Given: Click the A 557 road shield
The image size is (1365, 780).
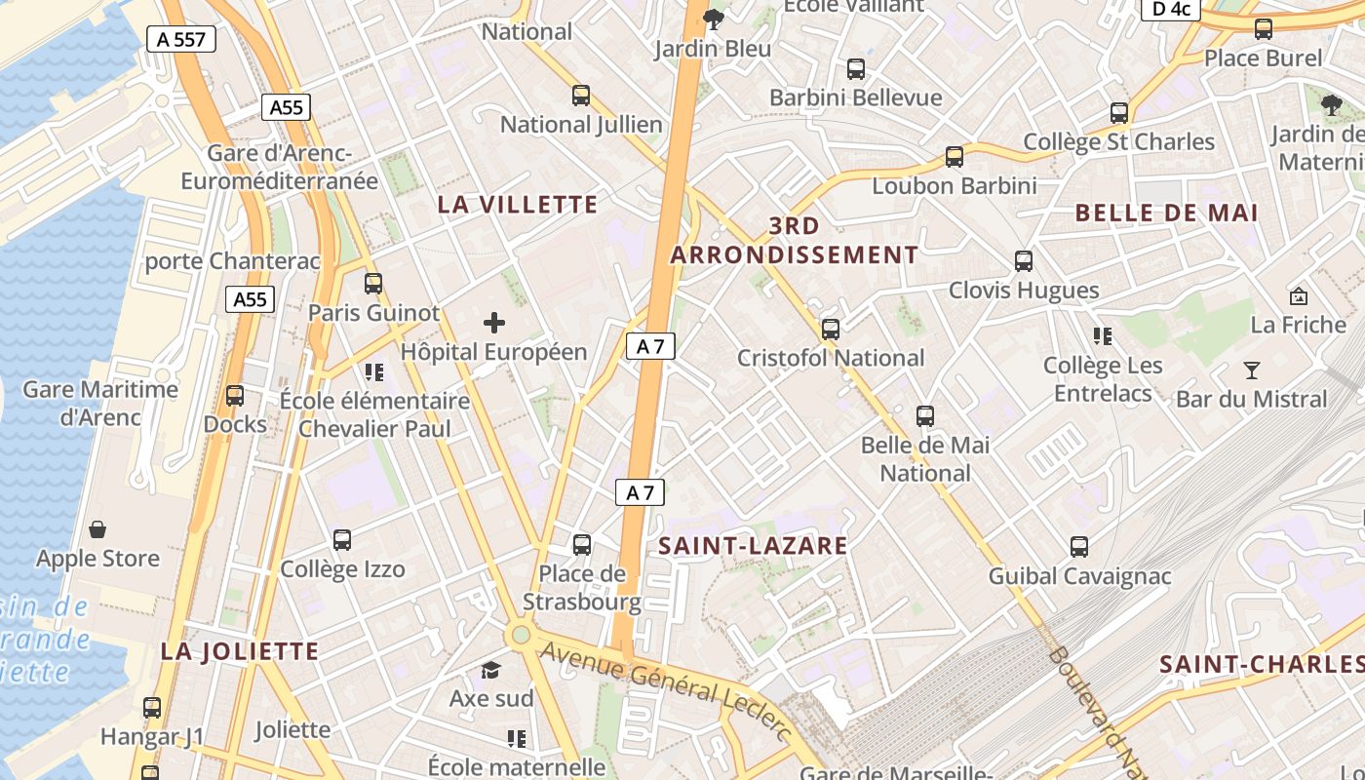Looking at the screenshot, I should pos(180,39).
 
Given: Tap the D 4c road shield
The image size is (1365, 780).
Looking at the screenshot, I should pos(1170,9).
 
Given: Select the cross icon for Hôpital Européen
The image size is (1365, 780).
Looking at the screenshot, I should pos(494,323).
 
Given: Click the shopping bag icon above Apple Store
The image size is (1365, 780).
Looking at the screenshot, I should pos(97,529).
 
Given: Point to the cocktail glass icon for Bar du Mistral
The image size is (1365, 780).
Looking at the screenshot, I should pos(1252,370).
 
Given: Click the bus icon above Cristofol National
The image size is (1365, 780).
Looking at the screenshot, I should pos(831,330).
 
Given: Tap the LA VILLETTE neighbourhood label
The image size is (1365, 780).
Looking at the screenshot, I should pos(517,205).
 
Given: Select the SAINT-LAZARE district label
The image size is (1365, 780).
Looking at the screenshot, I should pos(753,545).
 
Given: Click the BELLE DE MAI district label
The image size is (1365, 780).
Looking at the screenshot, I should pos(1166,213).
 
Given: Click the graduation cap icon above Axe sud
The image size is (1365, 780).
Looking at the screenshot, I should pos(490,670).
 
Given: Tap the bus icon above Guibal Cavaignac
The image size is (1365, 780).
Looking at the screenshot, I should pos(1079,547).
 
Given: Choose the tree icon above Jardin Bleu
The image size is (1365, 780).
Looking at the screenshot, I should pos(714,19).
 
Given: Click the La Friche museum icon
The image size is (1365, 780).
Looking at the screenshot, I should pos(1298,296).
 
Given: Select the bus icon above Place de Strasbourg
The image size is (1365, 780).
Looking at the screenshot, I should pos(582,544).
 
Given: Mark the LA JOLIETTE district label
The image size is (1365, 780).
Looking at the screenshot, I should pos(240,651).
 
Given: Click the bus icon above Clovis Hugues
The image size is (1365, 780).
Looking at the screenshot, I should pos(1023,261).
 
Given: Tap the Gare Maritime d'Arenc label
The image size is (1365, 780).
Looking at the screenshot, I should pos(100,404).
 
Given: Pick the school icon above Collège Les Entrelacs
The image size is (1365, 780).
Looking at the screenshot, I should pos(1103,337).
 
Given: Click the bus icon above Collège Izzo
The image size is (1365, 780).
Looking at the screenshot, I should pos(342,540).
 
